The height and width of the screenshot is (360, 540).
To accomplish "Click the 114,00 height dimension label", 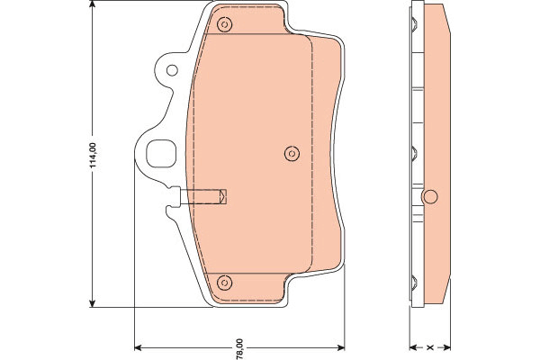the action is click(x=94, y=156).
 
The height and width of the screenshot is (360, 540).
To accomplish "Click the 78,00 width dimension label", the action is click(x=239, y=348).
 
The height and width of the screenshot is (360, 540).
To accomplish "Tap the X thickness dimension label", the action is click(x=429, y=347).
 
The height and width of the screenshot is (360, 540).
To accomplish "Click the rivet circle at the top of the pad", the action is click(x=224, y=24).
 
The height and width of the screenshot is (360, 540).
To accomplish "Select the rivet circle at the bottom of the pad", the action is click(x=224, y=283).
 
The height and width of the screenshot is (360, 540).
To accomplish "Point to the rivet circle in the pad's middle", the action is click(x=292, y=153).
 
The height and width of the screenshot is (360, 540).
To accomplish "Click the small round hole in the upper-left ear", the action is click(x=172, y=70).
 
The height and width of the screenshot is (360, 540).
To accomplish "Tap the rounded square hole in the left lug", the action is click(x=161, y=154).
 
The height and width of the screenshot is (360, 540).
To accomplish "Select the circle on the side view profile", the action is click(x=430, y=197).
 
